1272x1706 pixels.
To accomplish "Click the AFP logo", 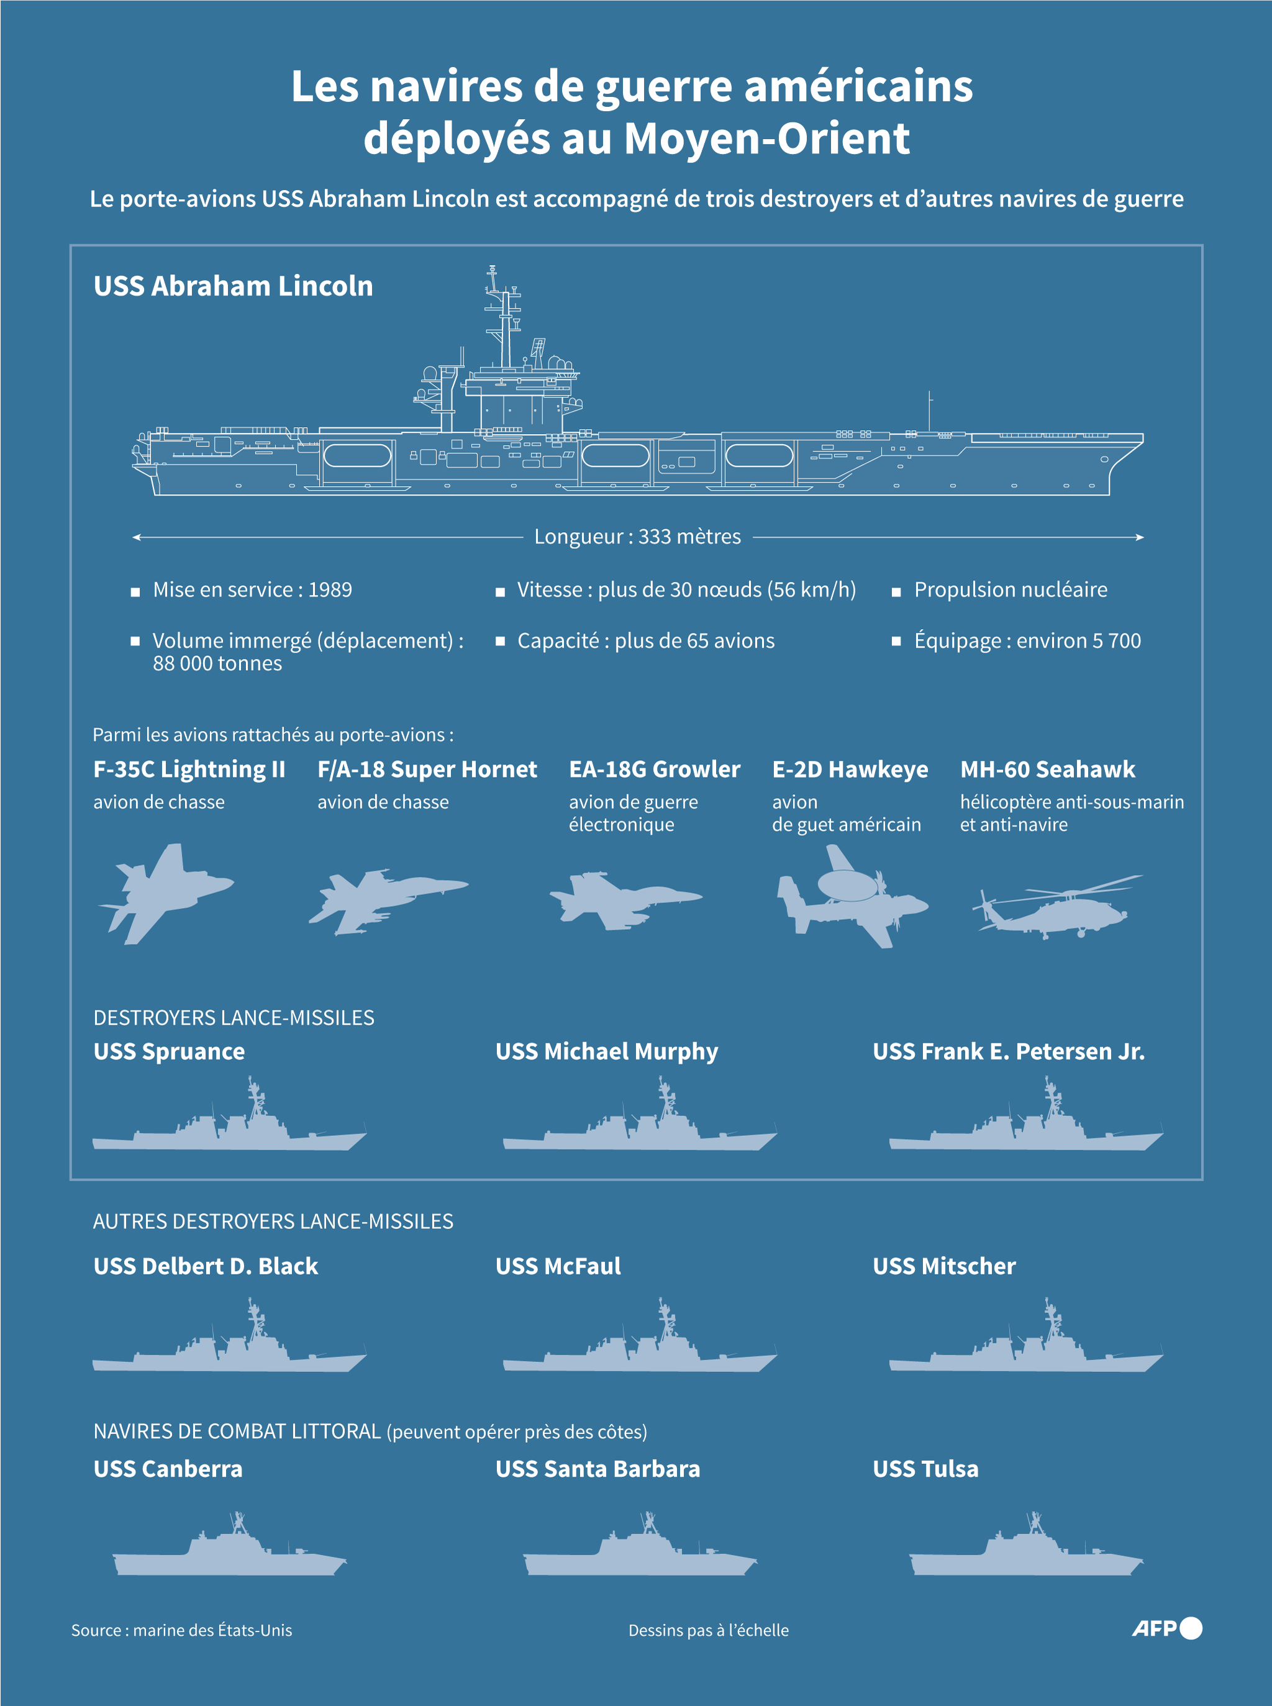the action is pyautogui.click(x=1166, y=1628).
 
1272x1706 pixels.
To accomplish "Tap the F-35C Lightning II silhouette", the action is pyautogui.click(x=166, y=894).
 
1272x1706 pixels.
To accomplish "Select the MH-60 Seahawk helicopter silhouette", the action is pyautogui.click(x=1057, y=906).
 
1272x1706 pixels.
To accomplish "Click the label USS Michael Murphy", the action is pyautogui.click(x=607, y=1051).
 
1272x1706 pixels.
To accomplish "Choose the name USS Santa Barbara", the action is pyautogui.click(x=598, y=1469).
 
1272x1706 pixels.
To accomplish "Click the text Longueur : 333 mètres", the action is pyautogui.click(x=637, y=537).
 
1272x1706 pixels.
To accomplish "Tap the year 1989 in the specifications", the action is pyautogui.click(x=330, y=590).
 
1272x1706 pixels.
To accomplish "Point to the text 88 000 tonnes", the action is pyautogui.click(x=217, y=664).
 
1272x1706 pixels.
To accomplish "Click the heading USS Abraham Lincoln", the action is pyautogui.click(x=234, y=286).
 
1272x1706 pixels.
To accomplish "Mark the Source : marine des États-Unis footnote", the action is pyautogui.click(x=182, y=1630).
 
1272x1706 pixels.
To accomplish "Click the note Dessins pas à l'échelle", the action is pyautogui.click(x=709, y=1630).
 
